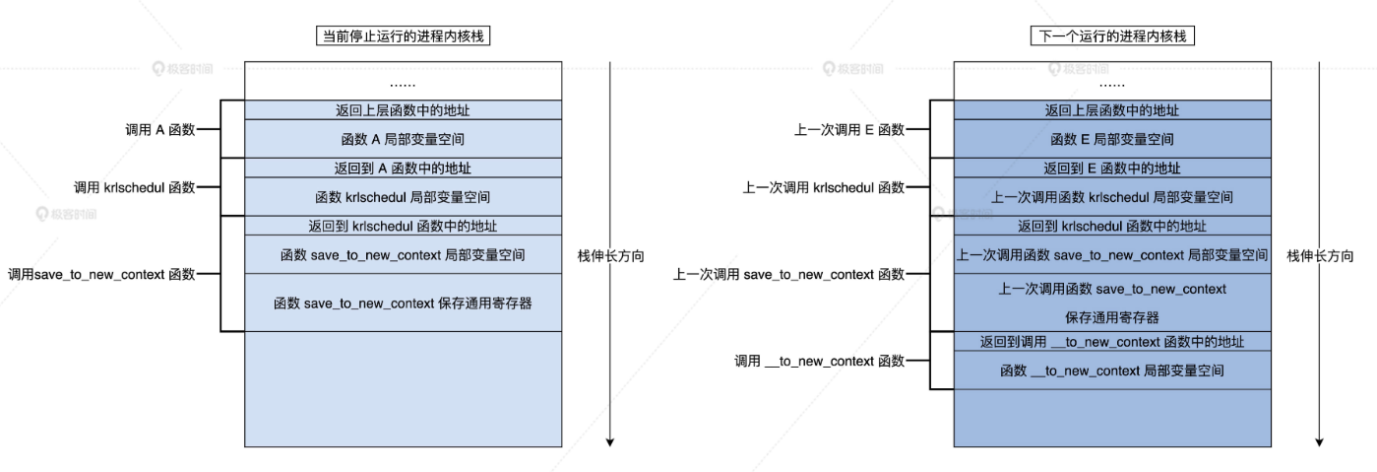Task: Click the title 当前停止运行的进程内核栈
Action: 404,36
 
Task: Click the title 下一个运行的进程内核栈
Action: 1112,36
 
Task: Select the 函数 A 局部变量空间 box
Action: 403,139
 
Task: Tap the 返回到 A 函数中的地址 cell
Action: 403,169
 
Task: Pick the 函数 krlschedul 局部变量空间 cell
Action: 403,197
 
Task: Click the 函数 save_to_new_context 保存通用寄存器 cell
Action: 403,303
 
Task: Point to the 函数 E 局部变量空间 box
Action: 1112,139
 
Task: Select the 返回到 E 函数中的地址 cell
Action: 1112,169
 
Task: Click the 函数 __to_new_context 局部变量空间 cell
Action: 1112,371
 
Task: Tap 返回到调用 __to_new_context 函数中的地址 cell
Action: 1112,342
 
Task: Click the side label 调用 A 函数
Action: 159,129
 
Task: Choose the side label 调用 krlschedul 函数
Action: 135,187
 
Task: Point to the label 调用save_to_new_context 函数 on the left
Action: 101,274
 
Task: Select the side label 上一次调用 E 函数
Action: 848,129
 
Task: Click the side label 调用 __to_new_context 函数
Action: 819,361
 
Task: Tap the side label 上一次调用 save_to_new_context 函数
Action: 788,274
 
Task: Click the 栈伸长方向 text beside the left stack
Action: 611,255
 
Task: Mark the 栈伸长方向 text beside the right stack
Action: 1320,255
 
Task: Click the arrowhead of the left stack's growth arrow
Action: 610,441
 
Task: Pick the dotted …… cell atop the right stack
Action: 1112,82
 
